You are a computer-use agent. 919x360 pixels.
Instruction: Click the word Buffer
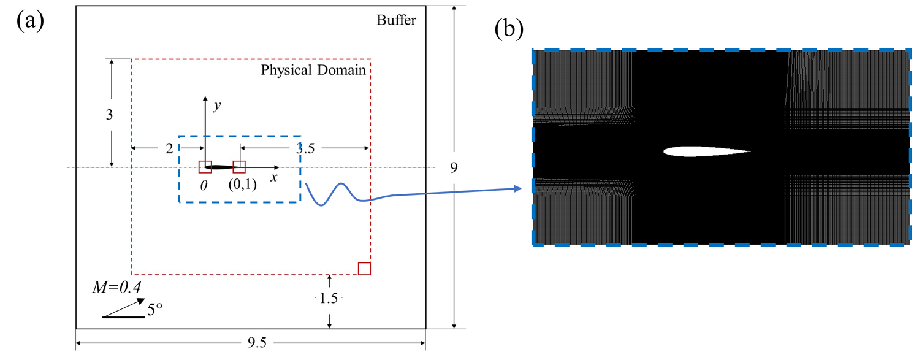(396, 21)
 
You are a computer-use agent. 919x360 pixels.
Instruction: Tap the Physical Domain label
(313, 70)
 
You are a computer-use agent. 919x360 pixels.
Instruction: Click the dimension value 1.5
(329, 299)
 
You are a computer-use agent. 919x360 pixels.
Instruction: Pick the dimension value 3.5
(308, 148)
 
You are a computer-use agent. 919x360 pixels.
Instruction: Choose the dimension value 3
(110, 114)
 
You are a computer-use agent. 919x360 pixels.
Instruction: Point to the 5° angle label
(154, 310)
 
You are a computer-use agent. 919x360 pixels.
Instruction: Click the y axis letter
(216, 106)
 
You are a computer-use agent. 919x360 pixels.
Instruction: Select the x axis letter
(274, 178)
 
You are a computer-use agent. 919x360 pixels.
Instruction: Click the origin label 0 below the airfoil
(204, 183)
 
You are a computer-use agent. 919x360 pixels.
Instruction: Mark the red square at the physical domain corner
(364, 269)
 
